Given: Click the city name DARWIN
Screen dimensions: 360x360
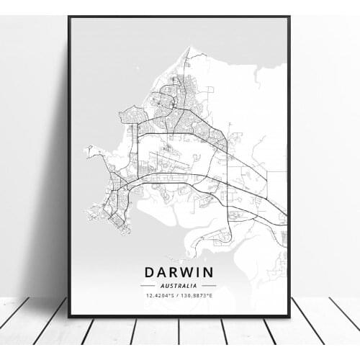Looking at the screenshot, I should point(179,273).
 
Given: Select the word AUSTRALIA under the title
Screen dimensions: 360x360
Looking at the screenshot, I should point(179,286).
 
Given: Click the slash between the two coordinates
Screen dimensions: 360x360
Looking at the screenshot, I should point(179,295).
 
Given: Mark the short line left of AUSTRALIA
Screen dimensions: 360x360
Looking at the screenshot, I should point(148,286).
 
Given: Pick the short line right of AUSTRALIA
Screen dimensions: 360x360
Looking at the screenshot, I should point(210,286).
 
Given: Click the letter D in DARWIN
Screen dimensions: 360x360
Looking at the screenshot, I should point(150,273).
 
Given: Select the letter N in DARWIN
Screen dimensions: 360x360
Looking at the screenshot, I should point(210,273).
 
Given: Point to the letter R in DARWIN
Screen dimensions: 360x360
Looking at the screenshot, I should point(175,273).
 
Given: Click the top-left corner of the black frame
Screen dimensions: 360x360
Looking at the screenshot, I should point(69,17).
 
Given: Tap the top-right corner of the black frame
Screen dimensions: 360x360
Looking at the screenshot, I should point(289,17).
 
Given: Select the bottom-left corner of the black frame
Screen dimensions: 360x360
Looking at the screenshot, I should point(69,316).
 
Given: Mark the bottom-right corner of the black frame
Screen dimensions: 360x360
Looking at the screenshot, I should point(289,316).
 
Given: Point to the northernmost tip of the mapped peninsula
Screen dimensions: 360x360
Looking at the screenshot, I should point(189,48).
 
